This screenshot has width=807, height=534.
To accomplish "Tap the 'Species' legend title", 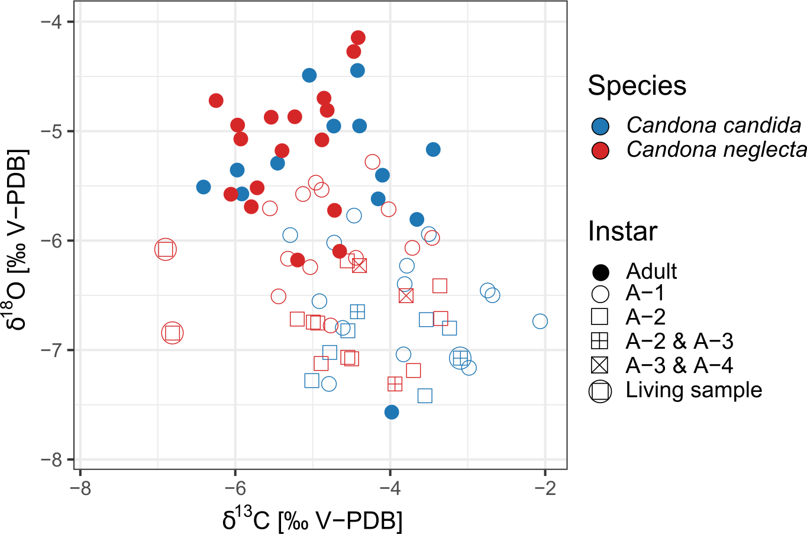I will pos(637,86).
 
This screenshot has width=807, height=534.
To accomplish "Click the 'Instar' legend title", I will pos(622,231).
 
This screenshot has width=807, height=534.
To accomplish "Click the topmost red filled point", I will pos(358,38).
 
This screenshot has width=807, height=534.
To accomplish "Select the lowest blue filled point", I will pos(392,412).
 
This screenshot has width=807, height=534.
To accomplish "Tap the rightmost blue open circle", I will pos(540,321).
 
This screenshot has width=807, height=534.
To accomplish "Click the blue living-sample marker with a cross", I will pos(460,358).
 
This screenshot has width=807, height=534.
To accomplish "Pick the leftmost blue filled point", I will pos(204,187).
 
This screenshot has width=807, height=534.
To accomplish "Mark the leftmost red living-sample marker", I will pos(166,249).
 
